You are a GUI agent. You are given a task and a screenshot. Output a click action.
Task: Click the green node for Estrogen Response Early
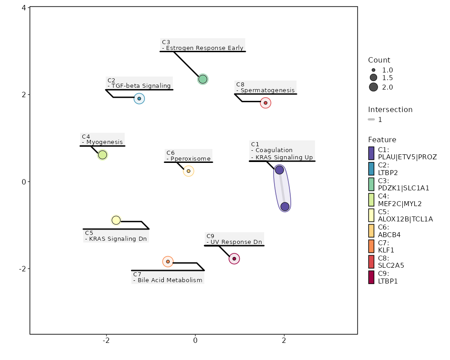(202, 79)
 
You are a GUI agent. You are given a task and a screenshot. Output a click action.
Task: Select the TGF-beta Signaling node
(139, 99)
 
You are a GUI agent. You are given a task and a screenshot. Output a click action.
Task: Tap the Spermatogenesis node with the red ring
(265, 103)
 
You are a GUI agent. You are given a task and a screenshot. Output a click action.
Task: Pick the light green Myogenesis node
(103, 155)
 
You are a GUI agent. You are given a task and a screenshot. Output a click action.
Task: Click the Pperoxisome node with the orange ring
(189, 171)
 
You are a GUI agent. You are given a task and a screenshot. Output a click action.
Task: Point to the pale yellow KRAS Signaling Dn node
(116, 220)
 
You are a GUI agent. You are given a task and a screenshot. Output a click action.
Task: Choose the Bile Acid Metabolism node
(168, 261)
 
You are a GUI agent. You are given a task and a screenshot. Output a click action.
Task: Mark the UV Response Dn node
(234, 259)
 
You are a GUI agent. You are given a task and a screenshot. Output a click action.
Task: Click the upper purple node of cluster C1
(279, 170)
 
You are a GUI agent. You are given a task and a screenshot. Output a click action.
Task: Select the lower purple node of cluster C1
(285, 207)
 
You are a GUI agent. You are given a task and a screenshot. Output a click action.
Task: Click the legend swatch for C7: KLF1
(371, 246)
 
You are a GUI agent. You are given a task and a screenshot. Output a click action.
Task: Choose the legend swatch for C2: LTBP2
(371, 169)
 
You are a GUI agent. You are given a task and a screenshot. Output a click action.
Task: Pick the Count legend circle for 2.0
(373, 87)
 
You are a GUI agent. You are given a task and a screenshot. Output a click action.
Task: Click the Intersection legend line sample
(371, 120)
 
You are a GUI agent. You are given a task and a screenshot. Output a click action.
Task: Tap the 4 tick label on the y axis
(24, 8)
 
